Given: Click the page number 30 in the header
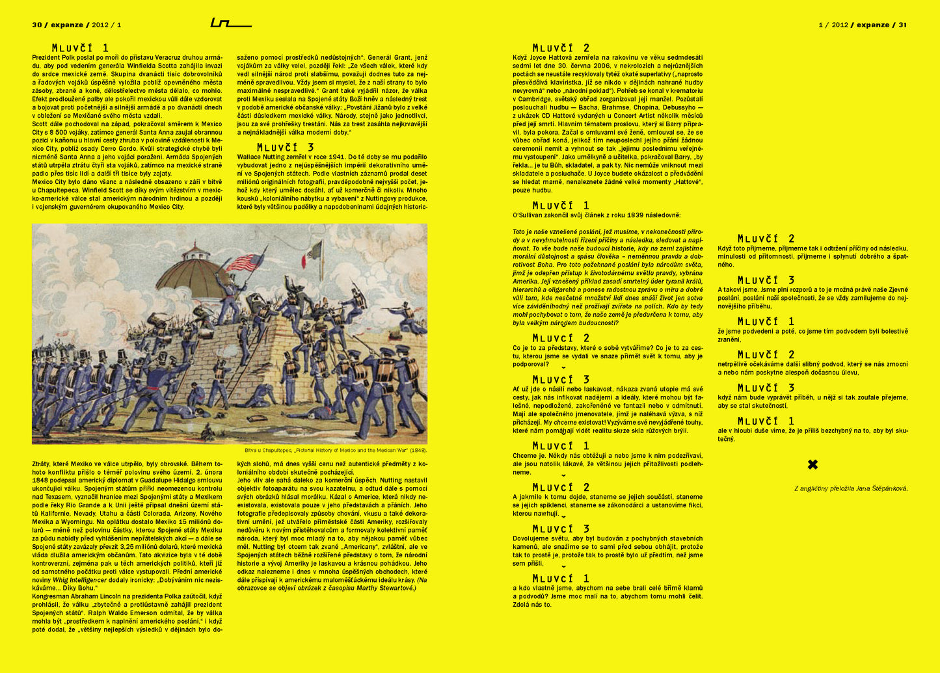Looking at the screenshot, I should [36, 25].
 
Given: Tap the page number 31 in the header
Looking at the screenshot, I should [902, 25].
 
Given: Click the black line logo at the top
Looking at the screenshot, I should [230, 23].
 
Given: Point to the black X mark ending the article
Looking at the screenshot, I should [812, 464].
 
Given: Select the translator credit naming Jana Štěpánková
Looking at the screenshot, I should [851, 488].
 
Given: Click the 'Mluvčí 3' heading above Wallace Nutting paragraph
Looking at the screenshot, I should [285, 148].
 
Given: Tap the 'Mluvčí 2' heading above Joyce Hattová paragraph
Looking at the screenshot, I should [561, 47].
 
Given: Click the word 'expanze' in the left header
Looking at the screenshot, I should [66, 25].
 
